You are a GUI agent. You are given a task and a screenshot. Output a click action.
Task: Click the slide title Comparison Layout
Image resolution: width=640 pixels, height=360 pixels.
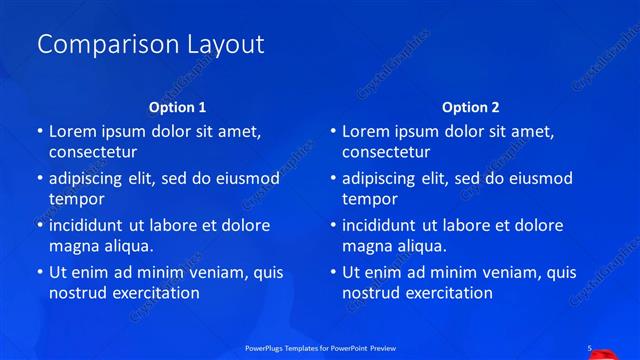(150, 44)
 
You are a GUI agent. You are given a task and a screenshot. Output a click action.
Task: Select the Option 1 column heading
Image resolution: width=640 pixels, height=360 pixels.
(178, 107)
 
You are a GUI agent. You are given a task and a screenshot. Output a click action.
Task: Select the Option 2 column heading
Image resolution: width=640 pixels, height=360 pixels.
(471, 107)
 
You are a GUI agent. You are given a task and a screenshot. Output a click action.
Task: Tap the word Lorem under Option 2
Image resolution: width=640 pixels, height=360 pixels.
(366, 131)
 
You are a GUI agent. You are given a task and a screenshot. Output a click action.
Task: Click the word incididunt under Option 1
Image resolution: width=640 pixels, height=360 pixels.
(89, 225)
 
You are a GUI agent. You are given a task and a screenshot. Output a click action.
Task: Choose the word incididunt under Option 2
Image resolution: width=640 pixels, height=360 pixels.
(382, 225)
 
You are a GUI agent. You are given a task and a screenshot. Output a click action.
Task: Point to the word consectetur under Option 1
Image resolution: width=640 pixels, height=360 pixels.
(93, 152)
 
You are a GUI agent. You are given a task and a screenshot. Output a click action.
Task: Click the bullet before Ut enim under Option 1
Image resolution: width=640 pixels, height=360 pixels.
(39, 272)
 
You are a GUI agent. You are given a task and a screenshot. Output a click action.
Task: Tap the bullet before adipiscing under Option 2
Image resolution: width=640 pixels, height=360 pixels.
(332, 178)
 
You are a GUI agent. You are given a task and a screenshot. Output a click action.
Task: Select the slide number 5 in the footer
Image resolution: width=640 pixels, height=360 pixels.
(589, 348)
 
